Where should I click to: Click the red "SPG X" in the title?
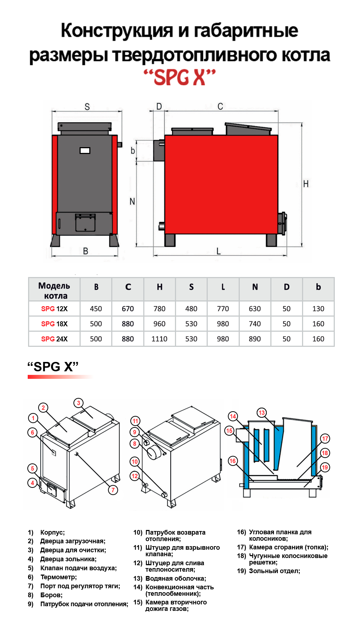tap(180, 77)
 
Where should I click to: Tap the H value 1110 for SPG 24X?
tap(159, 339)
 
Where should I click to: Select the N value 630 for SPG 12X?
tap(255, 309)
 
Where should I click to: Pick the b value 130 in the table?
tap(318, 309)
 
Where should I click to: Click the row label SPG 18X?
tap(54, 324)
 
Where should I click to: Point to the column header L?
tap(223, 287)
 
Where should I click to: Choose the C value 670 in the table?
tap(128, 309)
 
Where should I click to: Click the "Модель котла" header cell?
tap(54, 290)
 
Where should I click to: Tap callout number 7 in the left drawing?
tap(113, 490)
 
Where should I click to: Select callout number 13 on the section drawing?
tap(262, 413)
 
